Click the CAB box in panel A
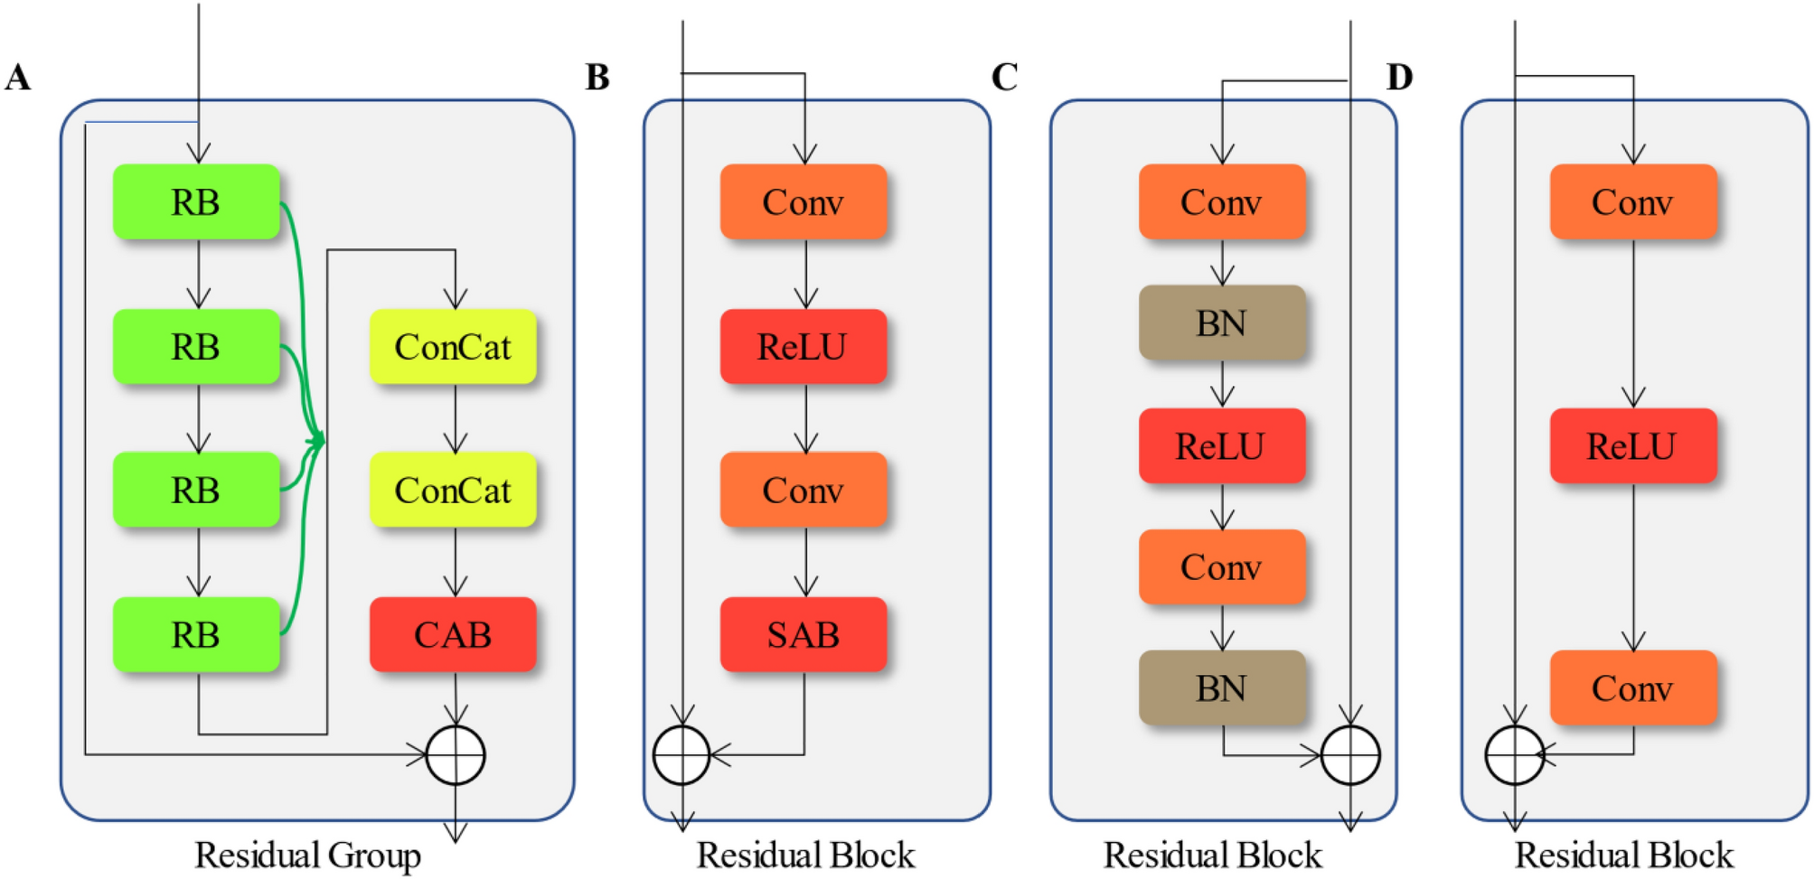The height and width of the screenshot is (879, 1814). pos(453,634)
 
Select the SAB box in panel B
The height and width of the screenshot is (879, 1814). pos(803,634)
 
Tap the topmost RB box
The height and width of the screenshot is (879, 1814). pos(196,201)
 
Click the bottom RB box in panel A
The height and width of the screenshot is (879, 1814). pos(196,634)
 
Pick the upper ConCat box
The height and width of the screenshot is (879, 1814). pos(453,347)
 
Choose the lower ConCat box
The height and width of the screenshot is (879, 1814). pos(453,491)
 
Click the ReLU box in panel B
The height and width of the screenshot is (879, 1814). pos(803,347)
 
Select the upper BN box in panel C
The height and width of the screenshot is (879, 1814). pos(1221,323)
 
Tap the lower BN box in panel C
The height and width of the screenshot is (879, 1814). pos(1221,688)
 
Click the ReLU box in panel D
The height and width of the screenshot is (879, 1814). pos(1632,445)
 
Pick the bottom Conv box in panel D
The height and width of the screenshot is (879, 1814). pos(1632,688)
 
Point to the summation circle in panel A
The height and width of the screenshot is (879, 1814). pos(456,755)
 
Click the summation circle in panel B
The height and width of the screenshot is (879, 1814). pos(681,755)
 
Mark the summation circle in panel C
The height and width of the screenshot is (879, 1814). pos(1350,755)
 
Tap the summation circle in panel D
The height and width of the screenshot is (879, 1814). pos(1514,755)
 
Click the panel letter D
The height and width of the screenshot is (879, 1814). pos(1399,78)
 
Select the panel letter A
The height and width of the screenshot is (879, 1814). pos(18,78)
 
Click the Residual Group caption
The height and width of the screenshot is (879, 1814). pos(307,855)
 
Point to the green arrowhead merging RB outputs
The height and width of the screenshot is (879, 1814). pos(317,441)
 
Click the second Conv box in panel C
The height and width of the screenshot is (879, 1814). pos(1221,567)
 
